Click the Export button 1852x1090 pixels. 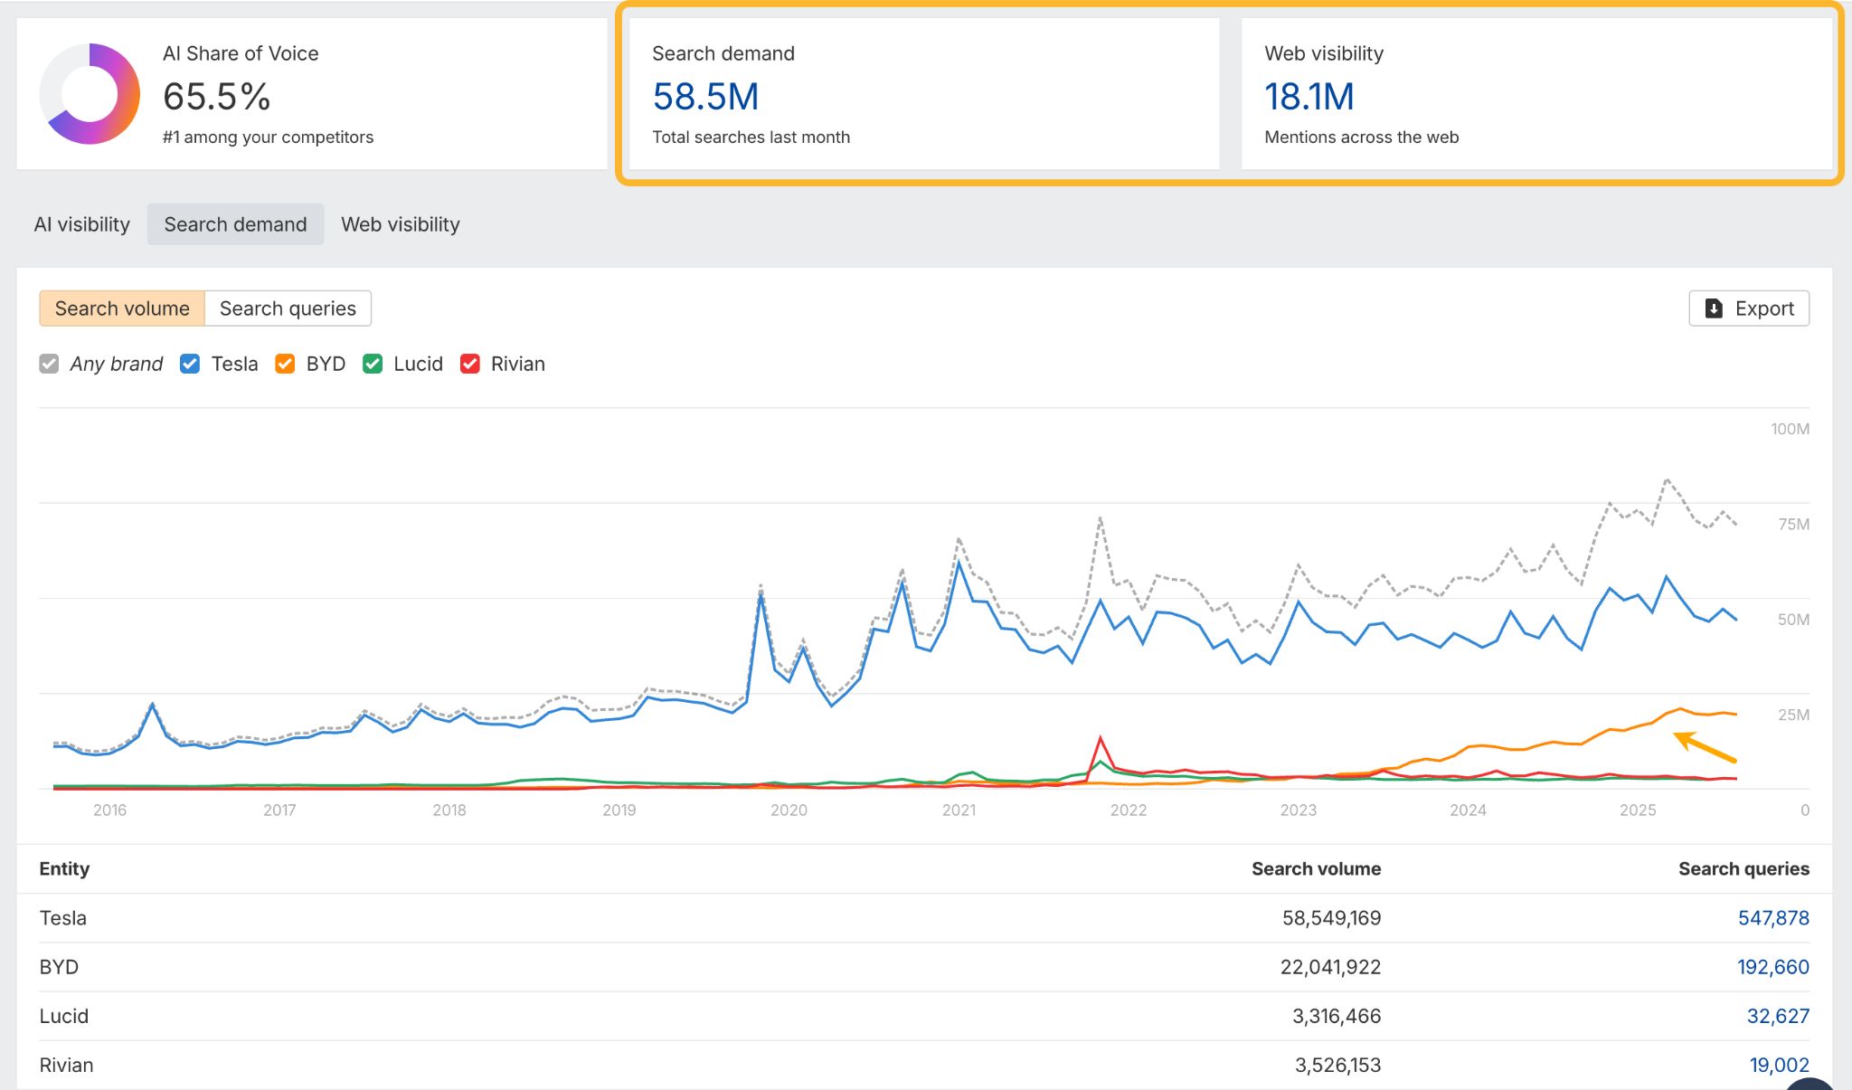point(1748,308)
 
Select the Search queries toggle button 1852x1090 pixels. point(288,308)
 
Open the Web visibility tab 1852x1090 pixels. point(400,224)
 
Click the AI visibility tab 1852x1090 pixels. point(81,224)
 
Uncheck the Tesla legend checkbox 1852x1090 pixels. point(190,364)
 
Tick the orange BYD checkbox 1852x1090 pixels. point(285,364)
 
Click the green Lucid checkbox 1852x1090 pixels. point(373,364)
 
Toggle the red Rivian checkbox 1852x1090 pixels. point(470,364)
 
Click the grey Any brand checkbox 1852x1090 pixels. point(49,364)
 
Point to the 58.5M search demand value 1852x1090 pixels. point(705,97)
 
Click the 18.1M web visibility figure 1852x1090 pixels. point(1309,97)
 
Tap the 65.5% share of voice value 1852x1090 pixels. point(216,97)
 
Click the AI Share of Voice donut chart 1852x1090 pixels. point(90,94)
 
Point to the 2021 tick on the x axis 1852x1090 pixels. point(959,810)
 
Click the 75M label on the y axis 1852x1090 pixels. point(1792,525)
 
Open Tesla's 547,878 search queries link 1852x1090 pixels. point(1772,918)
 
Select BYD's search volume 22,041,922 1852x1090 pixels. point(1330,967)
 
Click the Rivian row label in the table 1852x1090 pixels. point(66,1065)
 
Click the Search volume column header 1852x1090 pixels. point(1316,869)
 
